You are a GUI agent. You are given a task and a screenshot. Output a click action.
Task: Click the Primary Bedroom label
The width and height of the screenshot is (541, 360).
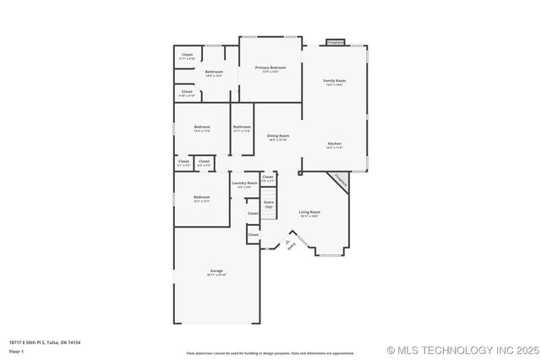[x=270, y=68]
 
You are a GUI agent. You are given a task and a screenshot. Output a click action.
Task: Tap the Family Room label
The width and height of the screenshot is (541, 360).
[x=334, y=81]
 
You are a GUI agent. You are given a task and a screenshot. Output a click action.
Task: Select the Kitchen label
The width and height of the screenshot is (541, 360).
[x=335, y=145]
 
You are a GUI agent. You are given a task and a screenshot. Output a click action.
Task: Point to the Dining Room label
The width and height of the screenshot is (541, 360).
[x=278, y=136]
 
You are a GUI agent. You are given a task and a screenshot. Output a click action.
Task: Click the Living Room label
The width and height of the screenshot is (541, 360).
[x=309, y=212]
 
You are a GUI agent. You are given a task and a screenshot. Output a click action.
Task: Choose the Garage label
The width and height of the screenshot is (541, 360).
[x=205, y=271]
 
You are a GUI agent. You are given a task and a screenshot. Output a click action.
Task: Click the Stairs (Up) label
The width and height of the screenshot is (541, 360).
[x=269, y=204]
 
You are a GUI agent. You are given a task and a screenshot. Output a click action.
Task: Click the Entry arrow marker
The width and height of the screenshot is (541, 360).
[x=287, y=243]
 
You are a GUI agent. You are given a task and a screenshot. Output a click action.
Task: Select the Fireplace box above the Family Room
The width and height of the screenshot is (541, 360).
[x=336, y=41]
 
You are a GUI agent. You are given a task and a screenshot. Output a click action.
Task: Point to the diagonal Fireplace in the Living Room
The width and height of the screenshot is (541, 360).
[x=340, y=181]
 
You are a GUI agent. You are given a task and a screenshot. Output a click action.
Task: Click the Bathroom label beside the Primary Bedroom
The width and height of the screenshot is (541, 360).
[x=214, y=73]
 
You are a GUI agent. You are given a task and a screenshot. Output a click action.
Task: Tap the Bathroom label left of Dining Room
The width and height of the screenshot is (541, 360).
[x=243, y=128]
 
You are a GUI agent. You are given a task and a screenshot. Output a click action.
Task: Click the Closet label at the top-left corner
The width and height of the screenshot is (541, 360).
[x=187, y=56]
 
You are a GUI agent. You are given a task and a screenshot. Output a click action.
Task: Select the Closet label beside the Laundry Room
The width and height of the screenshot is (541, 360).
[x=267, y=178]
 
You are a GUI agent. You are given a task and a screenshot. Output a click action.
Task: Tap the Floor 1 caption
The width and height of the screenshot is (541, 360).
[x=16, y=350]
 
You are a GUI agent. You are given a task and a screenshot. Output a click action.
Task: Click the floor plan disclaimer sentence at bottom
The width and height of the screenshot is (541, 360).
[x=270, y=352]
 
